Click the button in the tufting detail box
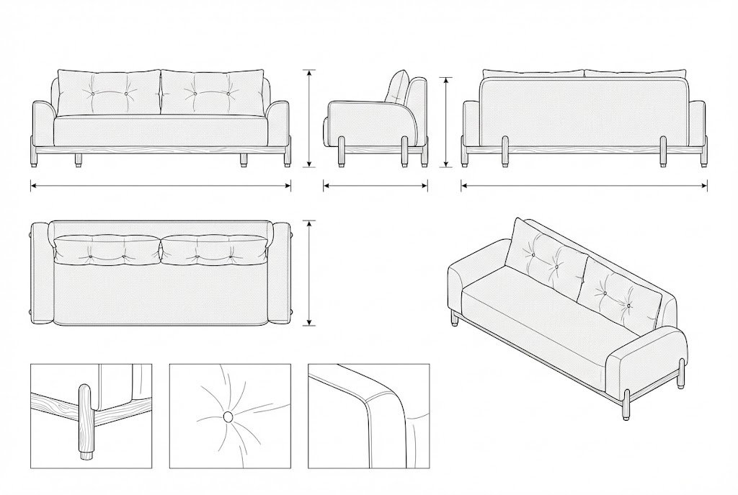point(228,416)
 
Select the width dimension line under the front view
point(161,186)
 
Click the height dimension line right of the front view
point(310,119)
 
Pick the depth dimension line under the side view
point(375,186)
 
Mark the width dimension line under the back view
point(584,186)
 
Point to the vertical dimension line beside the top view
point(310,273)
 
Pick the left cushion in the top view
point(108,248)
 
